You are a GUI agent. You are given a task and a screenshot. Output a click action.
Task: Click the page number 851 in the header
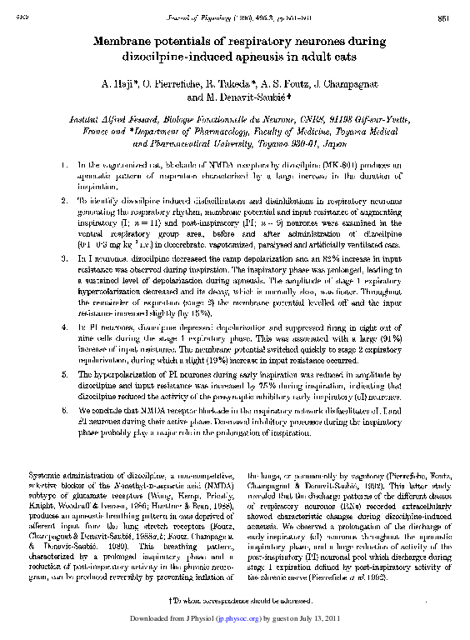pyautogui.click(x=444, y=18)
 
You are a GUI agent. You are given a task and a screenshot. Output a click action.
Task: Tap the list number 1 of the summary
pyautogui.click(x=65, y=167)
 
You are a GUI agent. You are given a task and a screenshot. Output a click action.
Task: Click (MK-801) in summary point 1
pyautogui.click(x=319, y=167)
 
